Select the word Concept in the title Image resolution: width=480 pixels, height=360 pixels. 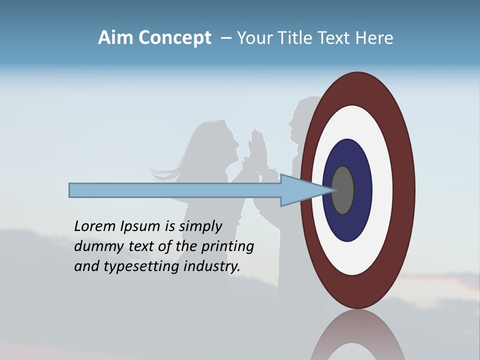pos(175,38)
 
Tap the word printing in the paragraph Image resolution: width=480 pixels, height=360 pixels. pos(227,246)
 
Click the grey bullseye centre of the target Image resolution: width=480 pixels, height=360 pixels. pos(343,190)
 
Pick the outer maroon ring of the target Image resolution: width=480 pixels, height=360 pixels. pos(358,88)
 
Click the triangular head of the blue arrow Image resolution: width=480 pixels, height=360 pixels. pos(300,190)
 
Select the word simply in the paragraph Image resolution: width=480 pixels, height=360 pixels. pos(200,226)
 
